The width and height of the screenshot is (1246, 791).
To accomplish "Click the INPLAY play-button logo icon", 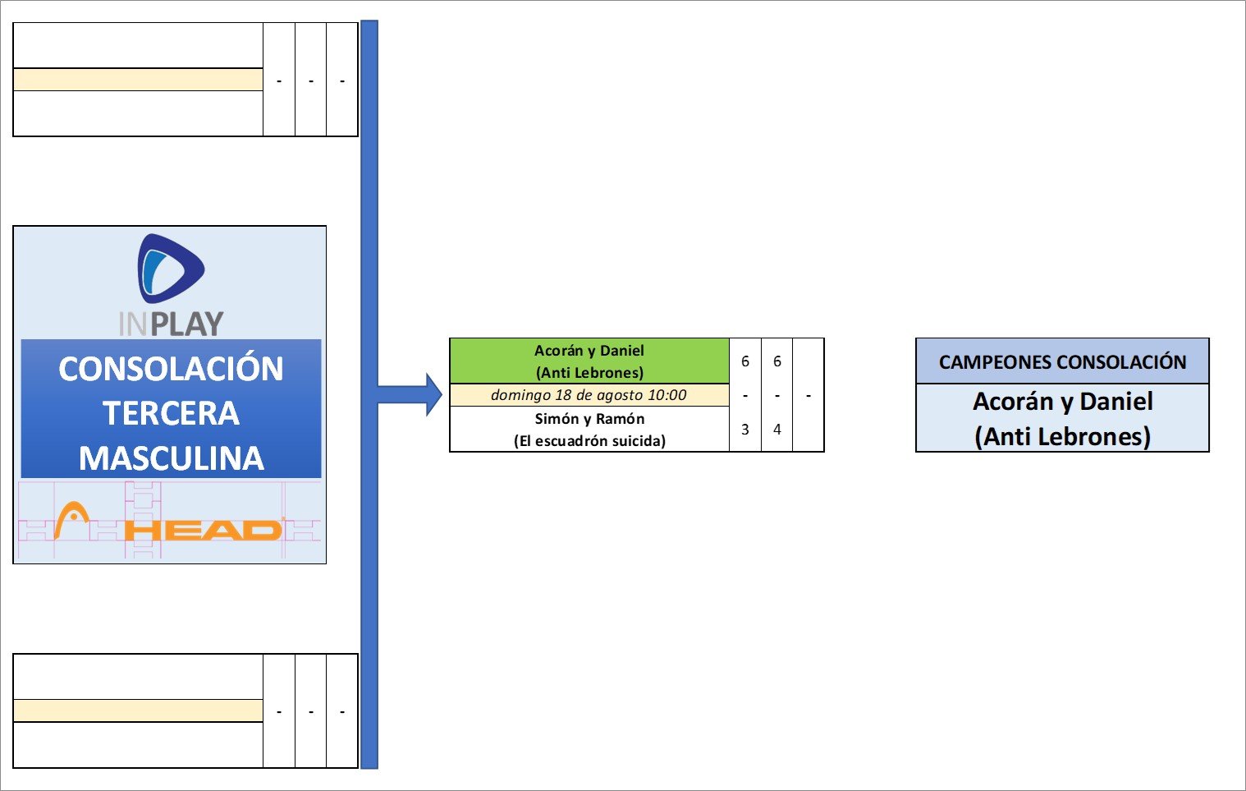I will (171, 269).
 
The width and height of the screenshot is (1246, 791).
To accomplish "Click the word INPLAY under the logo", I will (171, 324).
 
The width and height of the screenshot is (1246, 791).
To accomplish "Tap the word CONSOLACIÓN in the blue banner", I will (171, 369).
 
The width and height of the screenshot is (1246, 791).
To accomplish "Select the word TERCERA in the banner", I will (171, 413).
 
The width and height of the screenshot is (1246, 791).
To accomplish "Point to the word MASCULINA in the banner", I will (171, 458).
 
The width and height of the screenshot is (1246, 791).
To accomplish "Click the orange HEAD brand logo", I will (168, 522).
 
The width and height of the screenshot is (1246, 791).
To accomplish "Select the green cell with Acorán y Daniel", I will (589, 361).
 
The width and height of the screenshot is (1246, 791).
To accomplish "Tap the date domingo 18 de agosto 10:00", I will (589, 395).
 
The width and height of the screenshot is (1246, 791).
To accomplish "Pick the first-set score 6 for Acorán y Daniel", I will (745, 361).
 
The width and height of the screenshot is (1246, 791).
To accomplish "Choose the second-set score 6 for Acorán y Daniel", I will (777, 361).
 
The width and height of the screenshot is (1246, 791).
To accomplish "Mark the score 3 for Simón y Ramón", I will (745, 430).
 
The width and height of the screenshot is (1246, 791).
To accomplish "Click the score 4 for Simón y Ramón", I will (777, 430).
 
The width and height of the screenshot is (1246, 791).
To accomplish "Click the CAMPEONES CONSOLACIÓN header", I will (1062, 362).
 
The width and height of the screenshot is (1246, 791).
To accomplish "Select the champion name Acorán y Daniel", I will (1062, 402).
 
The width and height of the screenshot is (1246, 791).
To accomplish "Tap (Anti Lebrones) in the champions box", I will (1062, 436).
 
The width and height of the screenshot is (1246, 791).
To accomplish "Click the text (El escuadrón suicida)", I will (589, 441).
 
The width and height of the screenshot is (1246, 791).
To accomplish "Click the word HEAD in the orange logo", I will (205, 531).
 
